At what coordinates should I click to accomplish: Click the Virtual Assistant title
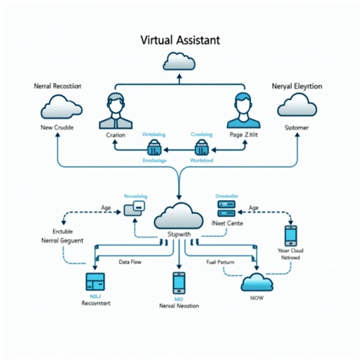point(180,40)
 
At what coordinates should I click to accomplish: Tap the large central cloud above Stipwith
point(179,216)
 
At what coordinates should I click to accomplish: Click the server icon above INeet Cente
point(226,208)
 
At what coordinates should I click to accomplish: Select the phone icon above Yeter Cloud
point(291,236)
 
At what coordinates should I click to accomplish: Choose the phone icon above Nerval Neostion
point(179,282)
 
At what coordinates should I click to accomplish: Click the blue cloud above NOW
point(257,282)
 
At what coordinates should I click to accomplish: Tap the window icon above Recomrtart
point(95,281)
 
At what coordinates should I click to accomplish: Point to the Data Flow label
point(130,262)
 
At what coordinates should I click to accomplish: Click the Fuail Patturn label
point(220,262)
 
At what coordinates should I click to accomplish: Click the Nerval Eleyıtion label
point(297,86)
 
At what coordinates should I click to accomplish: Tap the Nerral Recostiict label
point(58,86)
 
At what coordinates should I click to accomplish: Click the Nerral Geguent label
point(62,240)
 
